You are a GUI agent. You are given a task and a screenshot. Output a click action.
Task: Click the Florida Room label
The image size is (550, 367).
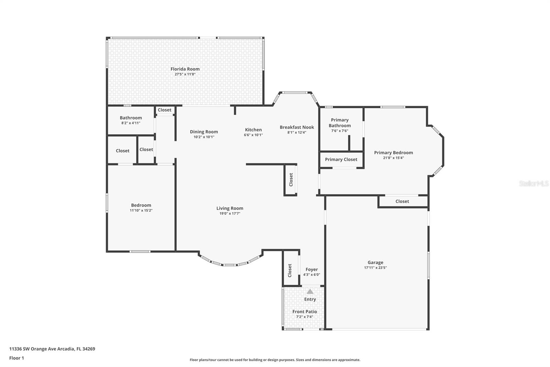coord(185,69)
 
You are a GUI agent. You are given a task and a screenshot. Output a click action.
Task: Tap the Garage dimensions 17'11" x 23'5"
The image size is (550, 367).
coord(375,268)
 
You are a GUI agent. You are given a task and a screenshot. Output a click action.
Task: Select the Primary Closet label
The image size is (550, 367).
coord(341,159)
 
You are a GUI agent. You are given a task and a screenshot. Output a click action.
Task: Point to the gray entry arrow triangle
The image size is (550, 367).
coord(310,291)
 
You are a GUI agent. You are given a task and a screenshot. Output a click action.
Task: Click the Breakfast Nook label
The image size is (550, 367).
coord(297,127)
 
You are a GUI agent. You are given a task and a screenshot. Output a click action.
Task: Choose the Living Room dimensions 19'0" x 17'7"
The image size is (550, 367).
coord(230,213)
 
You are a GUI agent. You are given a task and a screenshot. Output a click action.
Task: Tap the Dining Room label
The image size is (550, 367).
coord(204,132)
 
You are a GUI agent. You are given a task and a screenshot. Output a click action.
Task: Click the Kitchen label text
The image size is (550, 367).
coord(253,130)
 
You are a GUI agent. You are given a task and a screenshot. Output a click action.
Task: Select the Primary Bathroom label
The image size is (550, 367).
coord(340,123)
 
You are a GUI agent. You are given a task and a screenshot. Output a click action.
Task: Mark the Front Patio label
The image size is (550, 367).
coord(305,312)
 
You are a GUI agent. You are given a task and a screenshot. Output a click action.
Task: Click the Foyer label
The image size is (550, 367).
coord(311,270)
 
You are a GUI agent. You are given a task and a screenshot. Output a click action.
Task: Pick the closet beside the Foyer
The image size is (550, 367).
coord(290,270)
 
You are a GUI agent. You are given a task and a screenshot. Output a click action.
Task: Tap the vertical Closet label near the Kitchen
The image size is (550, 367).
coord(291,180)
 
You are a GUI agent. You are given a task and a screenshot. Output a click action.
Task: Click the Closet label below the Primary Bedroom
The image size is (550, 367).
coord(402,201)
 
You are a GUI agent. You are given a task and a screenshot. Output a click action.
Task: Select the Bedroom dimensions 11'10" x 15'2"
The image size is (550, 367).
coord(141,210)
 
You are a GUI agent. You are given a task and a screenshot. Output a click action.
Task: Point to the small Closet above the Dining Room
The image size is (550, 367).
coord(165,110)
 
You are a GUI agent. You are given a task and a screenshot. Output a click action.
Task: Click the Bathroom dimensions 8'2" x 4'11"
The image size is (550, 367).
coord(131,123)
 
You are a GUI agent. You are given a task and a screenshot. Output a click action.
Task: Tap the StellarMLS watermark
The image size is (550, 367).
coord(533,183)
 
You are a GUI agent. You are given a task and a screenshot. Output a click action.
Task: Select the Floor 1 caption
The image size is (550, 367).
coord(16,358)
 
